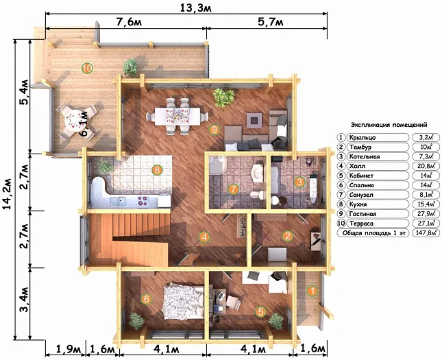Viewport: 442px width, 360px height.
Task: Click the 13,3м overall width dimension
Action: (x=195, y=8)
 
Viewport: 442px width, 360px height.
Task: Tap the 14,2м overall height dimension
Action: (x=8, y=193)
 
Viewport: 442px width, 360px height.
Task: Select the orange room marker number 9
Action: (x=214, y=130)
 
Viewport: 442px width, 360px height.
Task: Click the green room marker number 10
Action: (x=87, y=69)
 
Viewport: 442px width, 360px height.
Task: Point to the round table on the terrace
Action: (x=75, y=121)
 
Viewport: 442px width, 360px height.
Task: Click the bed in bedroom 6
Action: (x=183, y=302)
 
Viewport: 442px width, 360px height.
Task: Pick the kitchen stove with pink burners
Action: (x=143, y=200)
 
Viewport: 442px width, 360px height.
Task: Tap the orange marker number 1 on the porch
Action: (x=312, y=291)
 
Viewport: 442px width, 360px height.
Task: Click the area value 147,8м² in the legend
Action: (x=426, y=233)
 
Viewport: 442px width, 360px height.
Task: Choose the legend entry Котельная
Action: (x=365, y=156)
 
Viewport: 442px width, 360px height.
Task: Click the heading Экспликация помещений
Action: (x=389, y=124)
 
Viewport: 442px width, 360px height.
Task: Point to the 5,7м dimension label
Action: (x=271, y=22)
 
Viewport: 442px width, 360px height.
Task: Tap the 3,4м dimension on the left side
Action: (x=24, y=299)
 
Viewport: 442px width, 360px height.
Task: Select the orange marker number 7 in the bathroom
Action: (x=234, y=189)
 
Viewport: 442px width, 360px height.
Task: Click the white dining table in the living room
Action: (x=177, y=116)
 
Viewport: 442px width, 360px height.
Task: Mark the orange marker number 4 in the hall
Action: (x=204, y=237)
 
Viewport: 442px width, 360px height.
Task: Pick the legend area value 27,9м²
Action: (x=426, y=214)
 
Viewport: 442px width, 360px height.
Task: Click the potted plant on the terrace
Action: (x=130, y=67)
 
